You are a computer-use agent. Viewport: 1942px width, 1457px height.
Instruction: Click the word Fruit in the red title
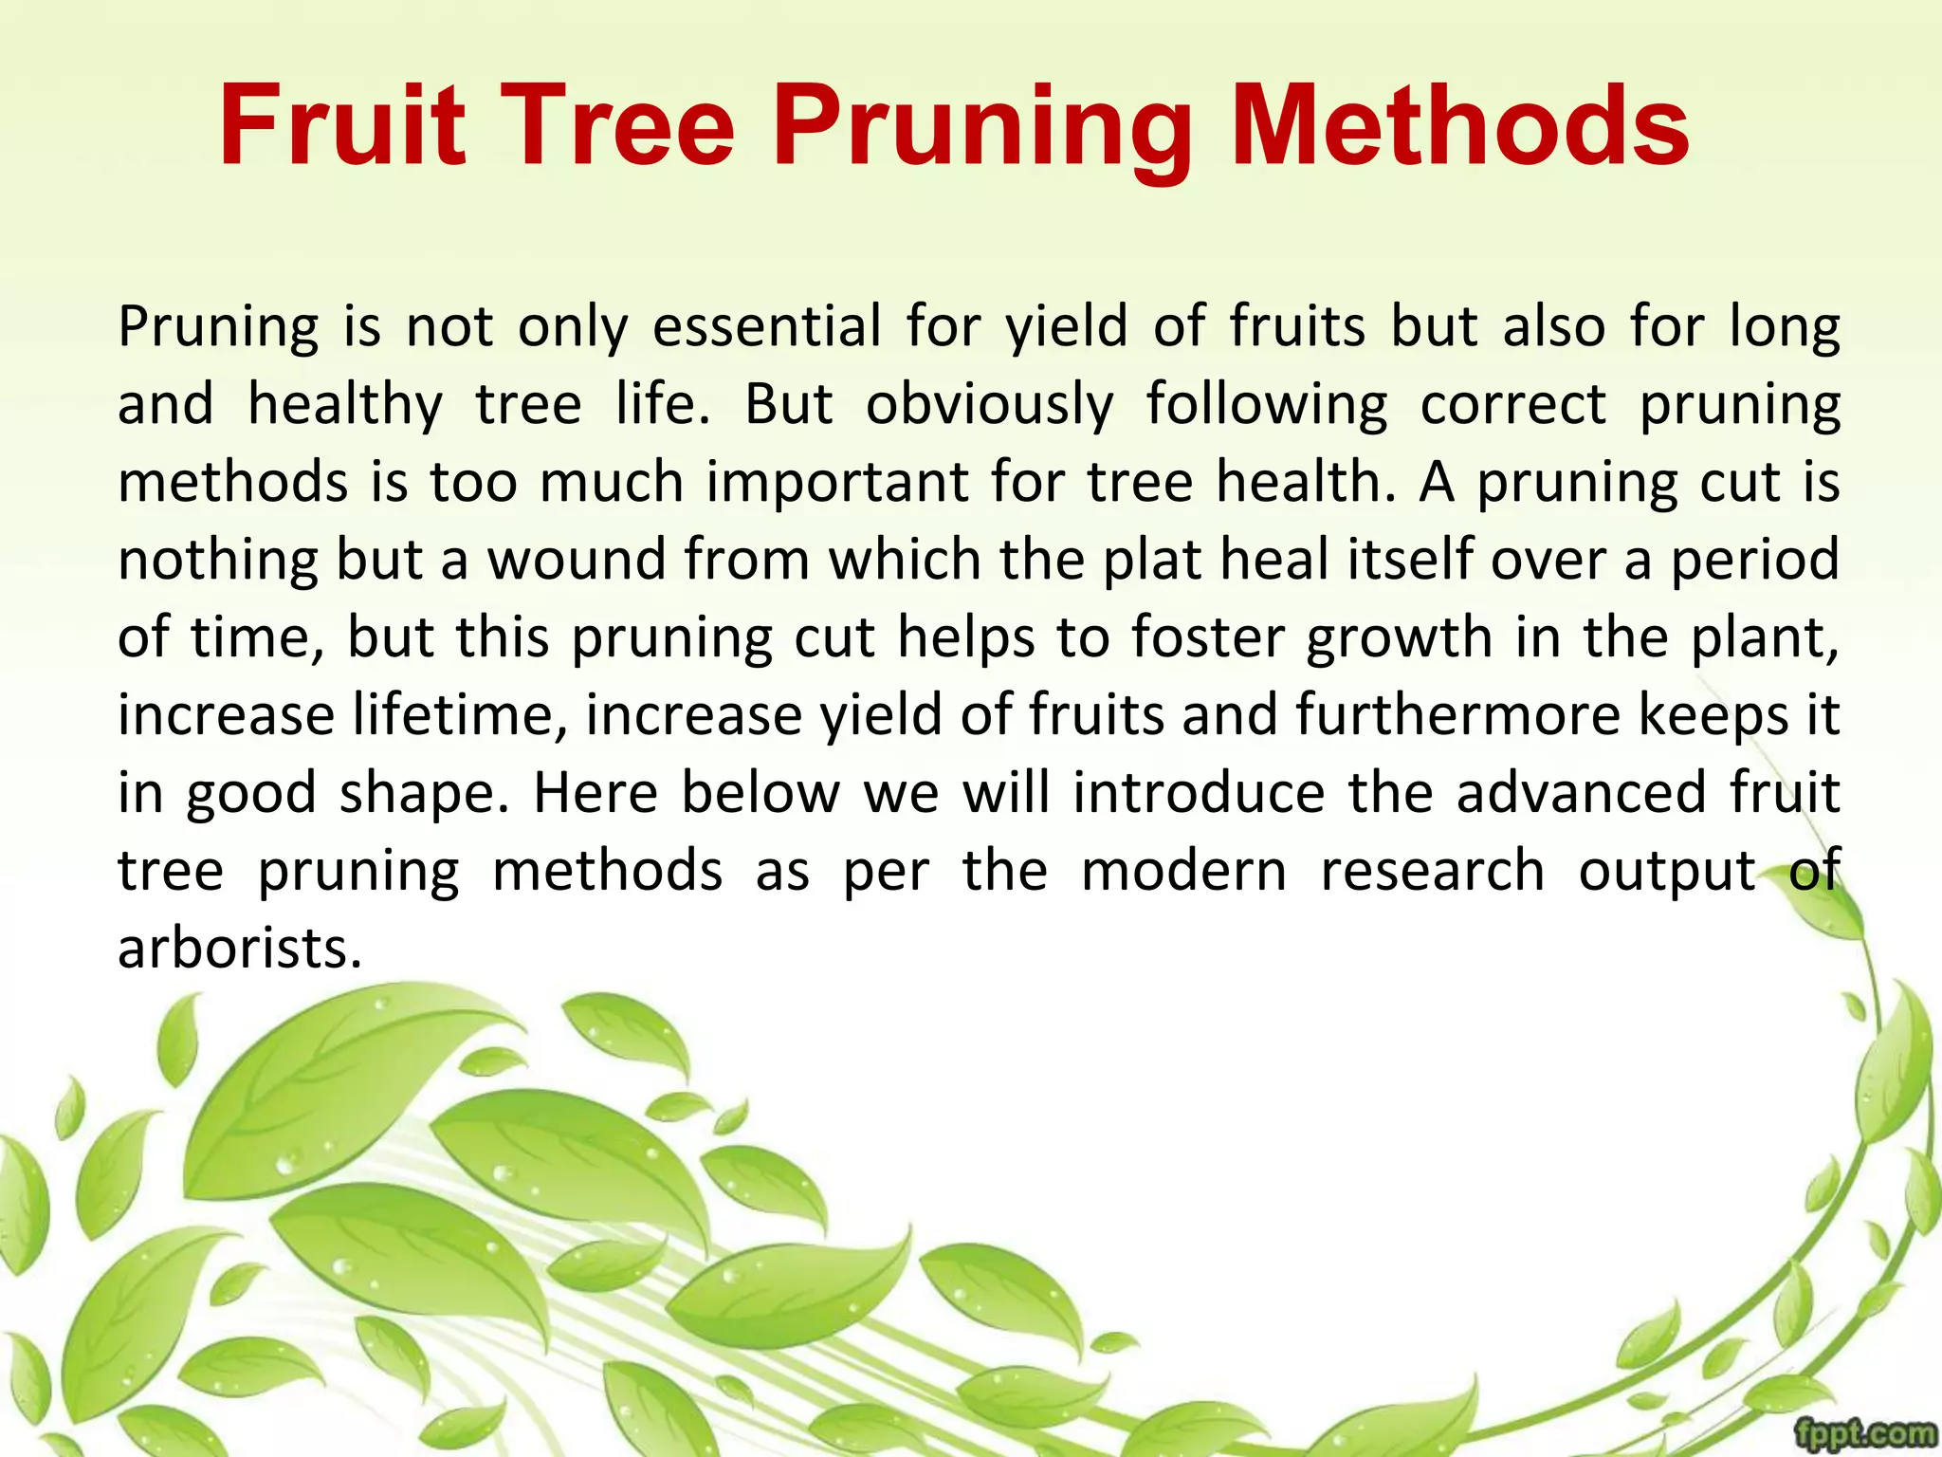click(342, 126)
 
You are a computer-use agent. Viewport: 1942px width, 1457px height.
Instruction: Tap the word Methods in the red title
click(1459, 126)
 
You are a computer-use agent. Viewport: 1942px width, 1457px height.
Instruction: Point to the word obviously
click(990, 405)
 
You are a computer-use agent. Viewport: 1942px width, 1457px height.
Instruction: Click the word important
click(837, 483)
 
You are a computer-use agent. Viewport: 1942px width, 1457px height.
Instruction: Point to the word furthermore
click(1457, 715)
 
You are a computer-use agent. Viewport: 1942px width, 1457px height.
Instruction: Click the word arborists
click(240, 949)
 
